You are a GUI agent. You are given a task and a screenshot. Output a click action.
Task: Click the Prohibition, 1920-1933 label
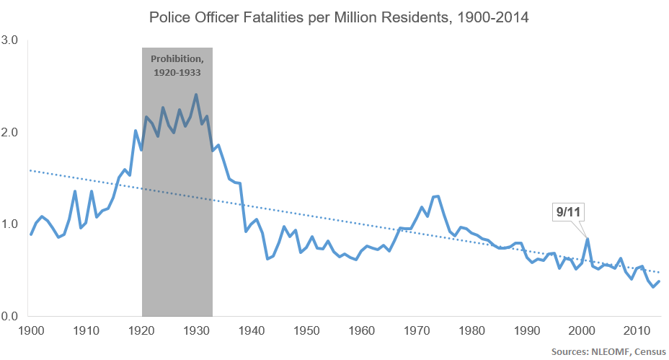pyautogui.click(x=177, y=65)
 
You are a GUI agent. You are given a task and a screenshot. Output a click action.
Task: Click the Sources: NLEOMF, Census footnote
pyautogui.click(x=607, y=351)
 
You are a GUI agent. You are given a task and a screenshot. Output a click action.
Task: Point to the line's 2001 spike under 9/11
pyautogui.click(x=588, y=240)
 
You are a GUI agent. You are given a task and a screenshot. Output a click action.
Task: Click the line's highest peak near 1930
pyautogui.click(x=196, y=95)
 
